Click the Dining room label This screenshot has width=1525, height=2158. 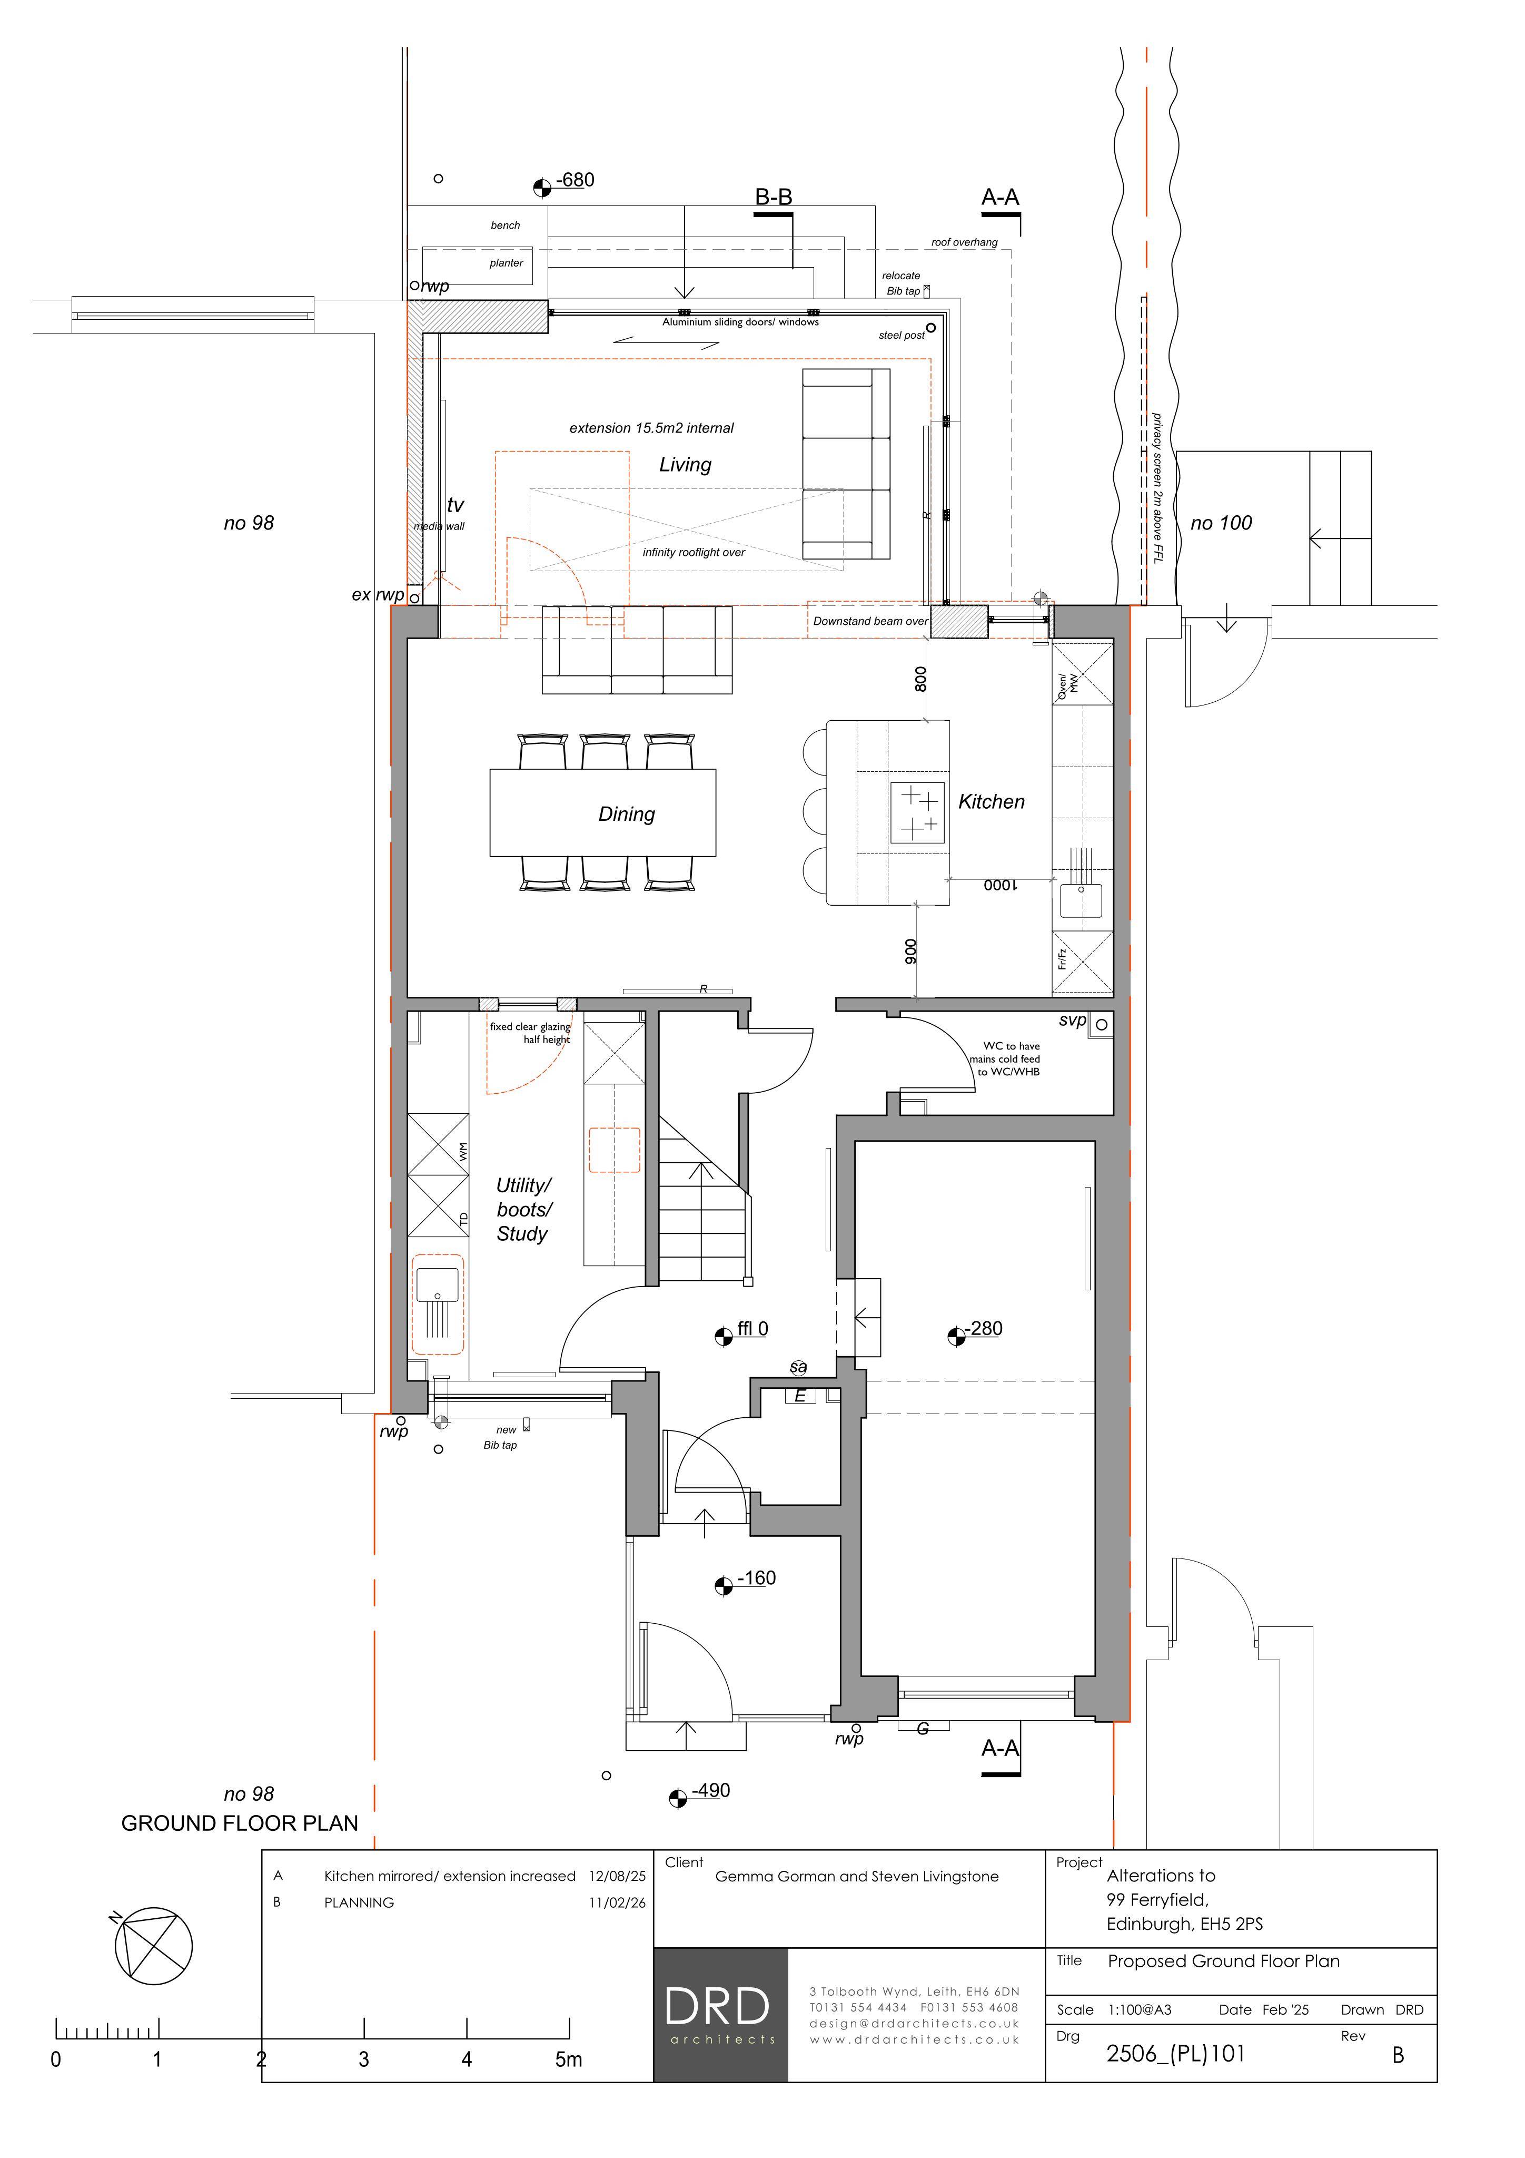point(627,814)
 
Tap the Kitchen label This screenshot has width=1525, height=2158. point(991,802)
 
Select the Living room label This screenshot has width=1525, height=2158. point(685,464)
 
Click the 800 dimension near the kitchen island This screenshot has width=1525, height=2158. point(921,679)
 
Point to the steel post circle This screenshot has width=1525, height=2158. point(931,329)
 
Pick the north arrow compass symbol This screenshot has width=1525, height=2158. point(152,1947)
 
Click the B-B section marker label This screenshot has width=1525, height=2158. point(774,198)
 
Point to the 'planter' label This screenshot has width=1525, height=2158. point(507,263)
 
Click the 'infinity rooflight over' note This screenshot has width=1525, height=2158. point(694,553)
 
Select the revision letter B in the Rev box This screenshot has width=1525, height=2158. point(1398,2056)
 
